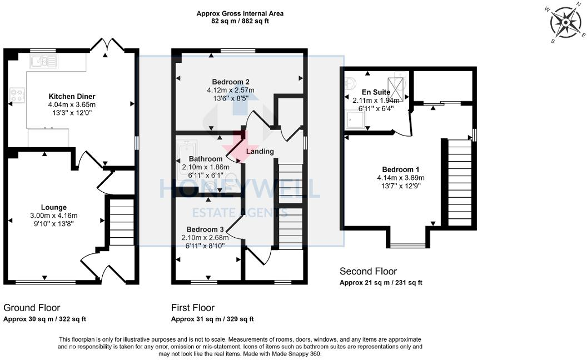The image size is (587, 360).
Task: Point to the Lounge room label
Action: (53, 207)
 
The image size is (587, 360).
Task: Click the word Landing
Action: (260, 151)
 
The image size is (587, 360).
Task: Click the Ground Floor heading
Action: (32, 307)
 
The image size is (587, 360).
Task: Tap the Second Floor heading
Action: (368, 271)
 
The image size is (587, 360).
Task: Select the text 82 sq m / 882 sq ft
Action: (240, 21)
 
